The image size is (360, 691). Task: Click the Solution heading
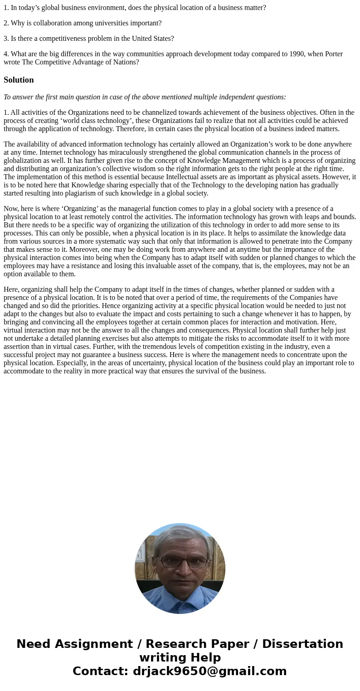(x=19, y=80)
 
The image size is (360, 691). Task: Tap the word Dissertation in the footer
(x=302, y=644)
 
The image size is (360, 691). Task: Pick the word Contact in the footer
(x=99, y=671)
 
